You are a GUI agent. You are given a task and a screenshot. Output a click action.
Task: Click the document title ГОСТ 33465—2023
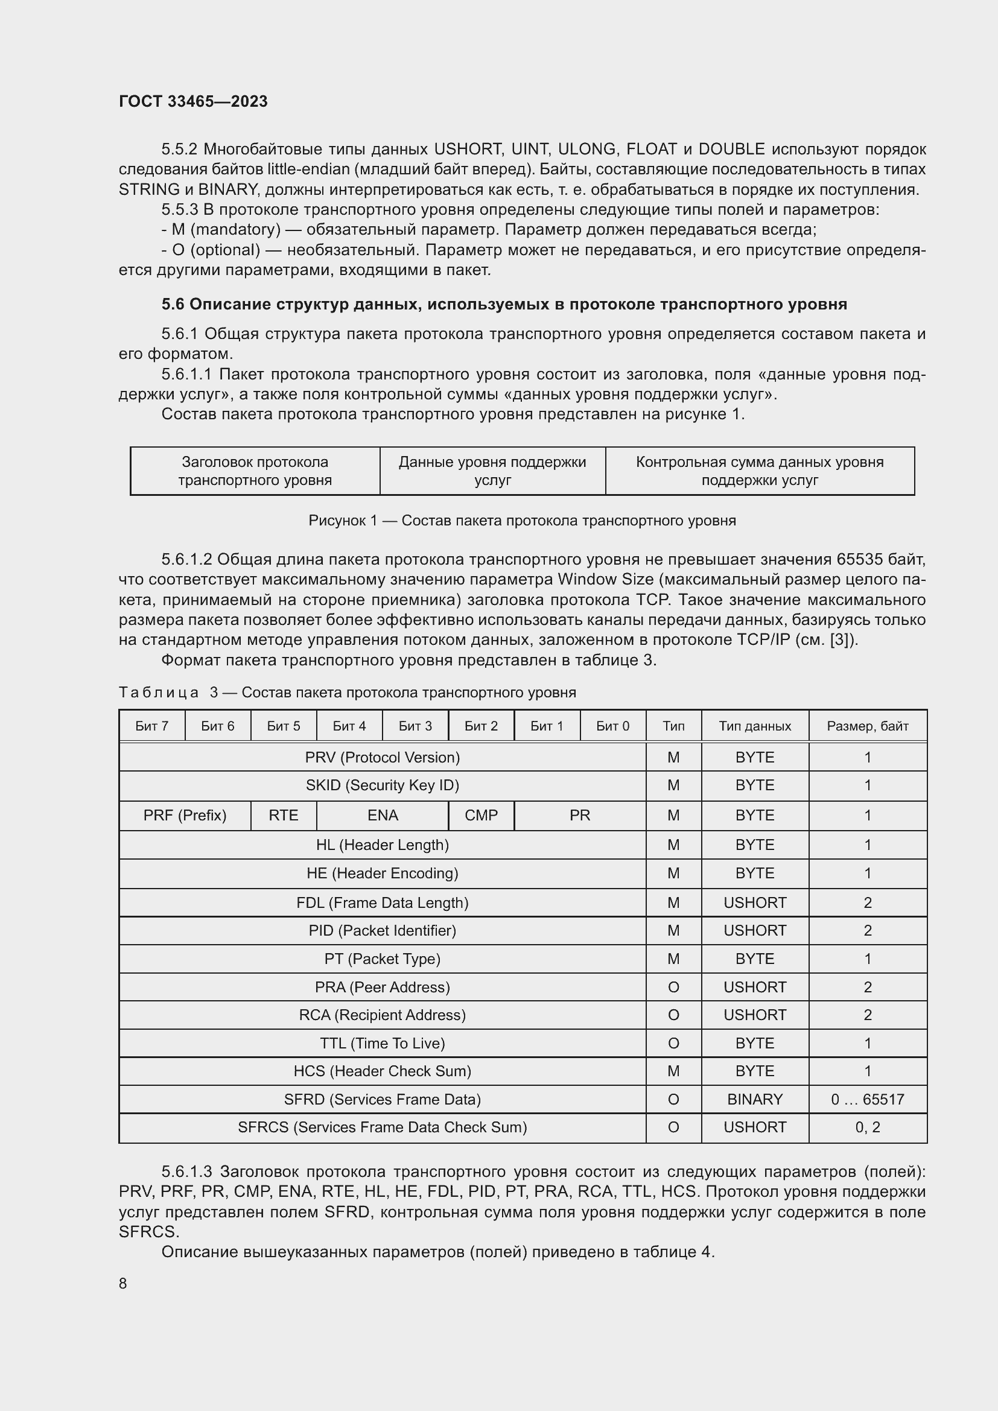pyautogui.click(x=193, y=101)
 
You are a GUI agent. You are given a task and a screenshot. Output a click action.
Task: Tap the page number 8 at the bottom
pyautogui.click(x=123, y=1283)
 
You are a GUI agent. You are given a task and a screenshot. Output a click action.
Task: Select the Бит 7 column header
pyautogui.click(x=152, y=726)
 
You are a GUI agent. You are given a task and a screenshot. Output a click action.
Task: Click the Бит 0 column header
pyautogui.click(x=612, y=726)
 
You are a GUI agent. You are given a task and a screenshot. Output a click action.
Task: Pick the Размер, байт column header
pyautogui.click(x=867, y=726)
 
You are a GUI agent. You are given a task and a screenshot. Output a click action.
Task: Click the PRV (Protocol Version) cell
pyautogui.click(x=382, y=757)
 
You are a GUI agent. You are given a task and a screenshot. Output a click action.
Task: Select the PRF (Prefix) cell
pyautogui.click(x=185, y=815)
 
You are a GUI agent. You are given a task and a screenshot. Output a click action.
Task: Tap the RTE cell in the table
pyautogui.click(x=284, y=815)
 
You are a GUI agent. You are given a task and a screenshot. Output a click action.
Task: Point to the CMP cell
pyautogui.click(x=481, y=815)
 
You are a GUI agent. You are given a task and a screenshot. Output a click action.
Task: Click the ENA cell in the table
pyautogui.click(x=382, y=815)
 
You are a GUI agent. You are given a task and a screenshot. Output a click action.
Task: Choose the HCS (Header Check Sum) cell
pyautogui.click(x=382, y=1071)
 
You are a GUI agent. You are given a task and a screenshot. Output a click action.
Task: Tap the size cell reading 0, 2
pyautogui.click(x=867, y=1127)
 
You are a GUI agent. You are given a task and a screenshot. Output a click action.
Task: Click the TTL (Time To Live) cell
pyautogui.click(x=382, y=1043)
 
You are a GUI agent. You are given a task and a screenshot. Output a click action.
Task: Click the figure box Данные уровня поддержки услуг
pyautogui.click(x=492, y=471)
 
